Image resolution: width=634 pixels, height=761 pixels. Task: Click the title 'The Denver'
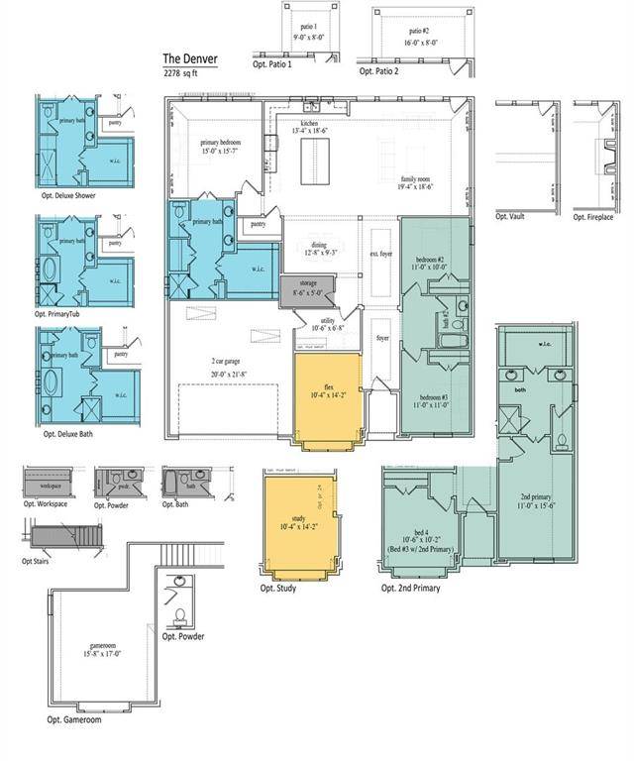(190, 58)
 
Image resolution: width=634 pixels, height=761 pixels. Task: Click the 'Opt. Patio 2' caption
(379, 72)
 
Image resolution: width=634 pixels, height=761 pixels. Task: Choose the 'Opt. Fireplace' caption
(592, 216)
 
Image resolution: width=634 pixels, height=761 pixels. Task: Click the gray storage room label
(308, 288)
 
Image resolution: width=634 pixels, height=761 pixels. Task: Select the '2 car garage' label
(228, 367)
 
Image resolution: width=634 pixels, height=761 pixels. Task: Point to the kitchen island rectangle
(316, 161)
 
